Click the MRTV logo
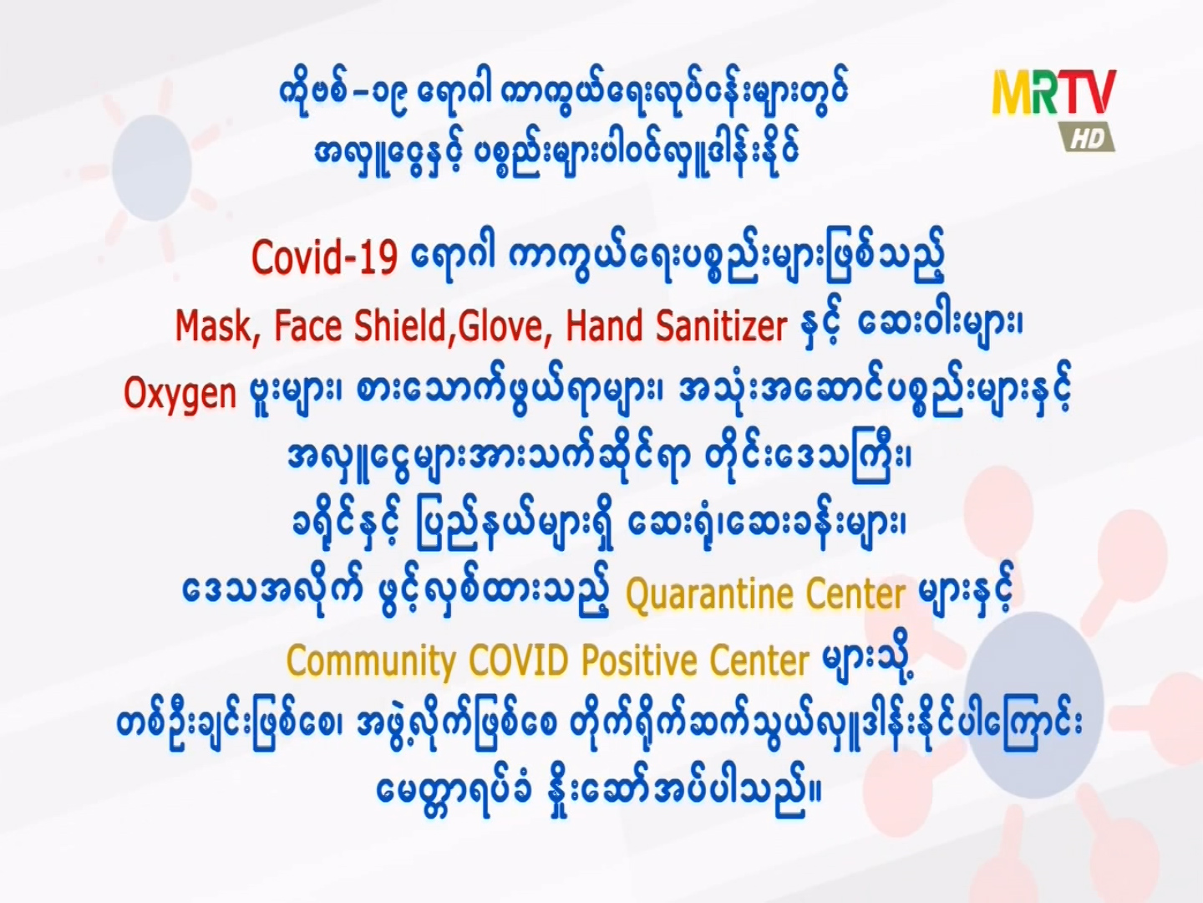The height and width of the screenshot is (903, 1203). pyautogui.click(x=1054, y=110)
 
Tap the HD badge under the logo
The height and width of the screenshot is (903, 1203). pyautogui.click(x=1089, y=138)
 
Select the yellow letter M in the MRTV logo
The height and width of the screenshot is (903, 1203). pyautogui.click(x=1014, y=92)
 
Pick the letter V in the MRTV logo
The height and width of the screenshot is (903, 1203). pyautogui.click(x=1099, y=90)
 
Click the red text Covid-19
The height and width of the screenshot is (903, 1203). pyautogui.click(x=324, y=258)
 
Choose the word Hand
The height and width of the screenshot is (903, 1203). pyautogui.click(x=604, y=326)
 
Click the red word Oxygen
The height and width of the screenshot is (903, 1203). pyautogui.click(x=180, y=394)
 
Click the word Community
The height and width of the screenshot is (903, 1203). pyautogui.click(x=371, y=661)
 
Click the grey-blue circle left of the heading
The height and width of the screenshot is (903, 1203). pyautogui.click(x=152, y=167)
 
